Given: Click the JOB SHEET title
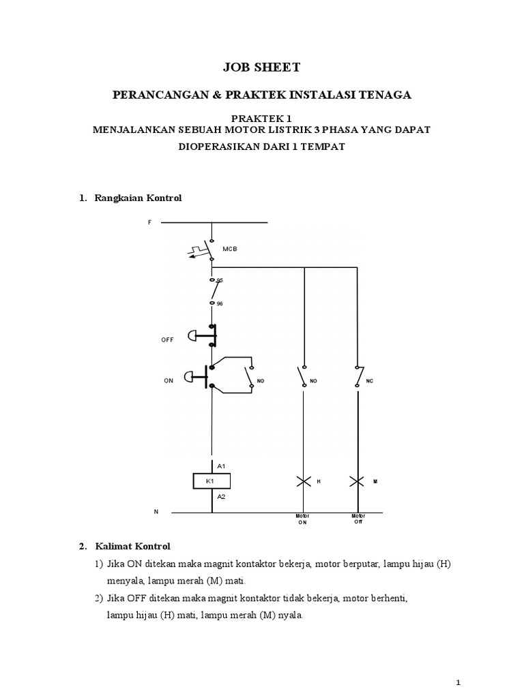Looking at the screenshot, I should [262, 67].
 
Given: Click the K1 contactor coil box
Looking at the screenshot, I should [212, 481].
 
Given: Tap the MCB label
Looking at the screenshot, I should [229, 249].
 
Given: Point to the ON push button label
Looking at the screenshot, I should [169, 381].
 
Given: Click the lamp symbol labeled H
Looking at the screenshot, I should [304, 481].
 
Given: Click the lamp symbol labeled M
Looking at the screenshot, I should [357, 481].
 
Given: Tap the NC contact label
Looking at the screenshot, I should [370, 381].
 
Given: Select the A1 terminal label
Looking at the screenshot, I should [221, 466].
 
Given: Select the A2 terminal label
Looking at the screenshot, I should [221, 497].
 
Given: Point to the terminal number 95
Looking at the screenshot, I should [220, 280].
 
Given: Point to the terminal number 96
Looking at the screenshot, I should [220, 303].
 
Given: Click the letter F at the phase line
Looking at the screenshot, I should [149, 222].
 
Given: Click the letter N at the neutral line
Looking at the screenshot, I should [156, 511].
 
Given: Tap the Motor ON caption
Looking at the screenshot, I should [302, 519].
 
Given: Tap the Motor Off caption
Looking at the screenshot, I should [358, 519].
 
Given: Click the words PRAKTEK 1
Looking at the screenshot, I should [261, 118].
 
